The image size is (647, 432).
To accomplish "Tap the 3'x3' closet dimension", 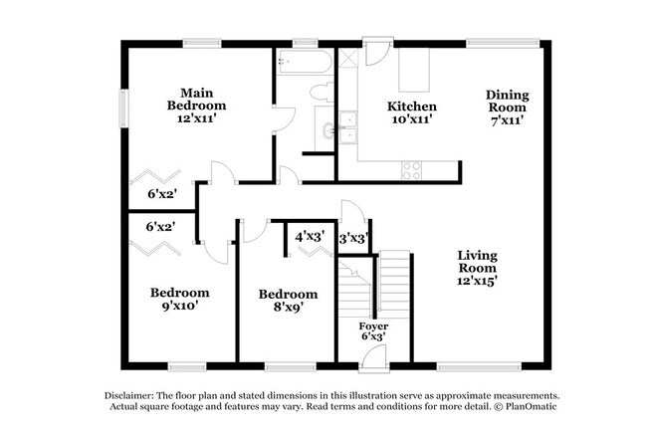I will (x=354, y=239).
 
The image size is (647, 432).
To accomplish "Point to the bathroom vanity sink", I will (x=327, y=128).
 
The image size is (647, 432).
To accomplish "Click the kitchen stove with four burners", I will (x=411, y=170).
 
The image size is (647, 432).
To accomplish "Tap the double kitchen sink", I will (x=347, y=126).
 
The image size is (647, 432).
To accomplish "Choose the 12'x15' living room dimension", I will (x=477, y=281).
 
